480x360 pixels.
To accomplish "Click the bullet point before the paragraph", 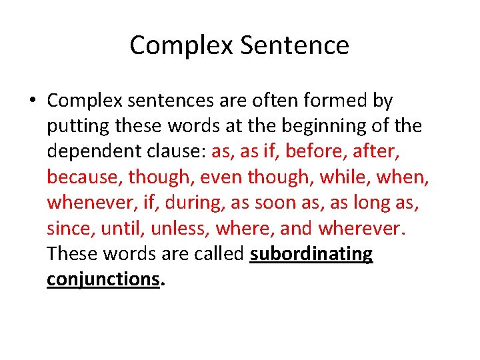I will [x=31, y=101].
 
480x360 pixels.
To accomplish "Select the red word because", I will [x=84, y=177].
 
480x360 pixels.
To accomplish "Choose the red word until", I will [x=121, y=228].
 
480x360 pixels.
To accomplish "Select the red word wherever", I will [x=361, y=228].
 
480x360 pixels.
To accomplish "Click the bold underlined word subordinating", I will [x=311, y=254].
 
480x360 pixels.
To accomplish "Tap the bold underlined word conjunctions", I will [x=103, y=279].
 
